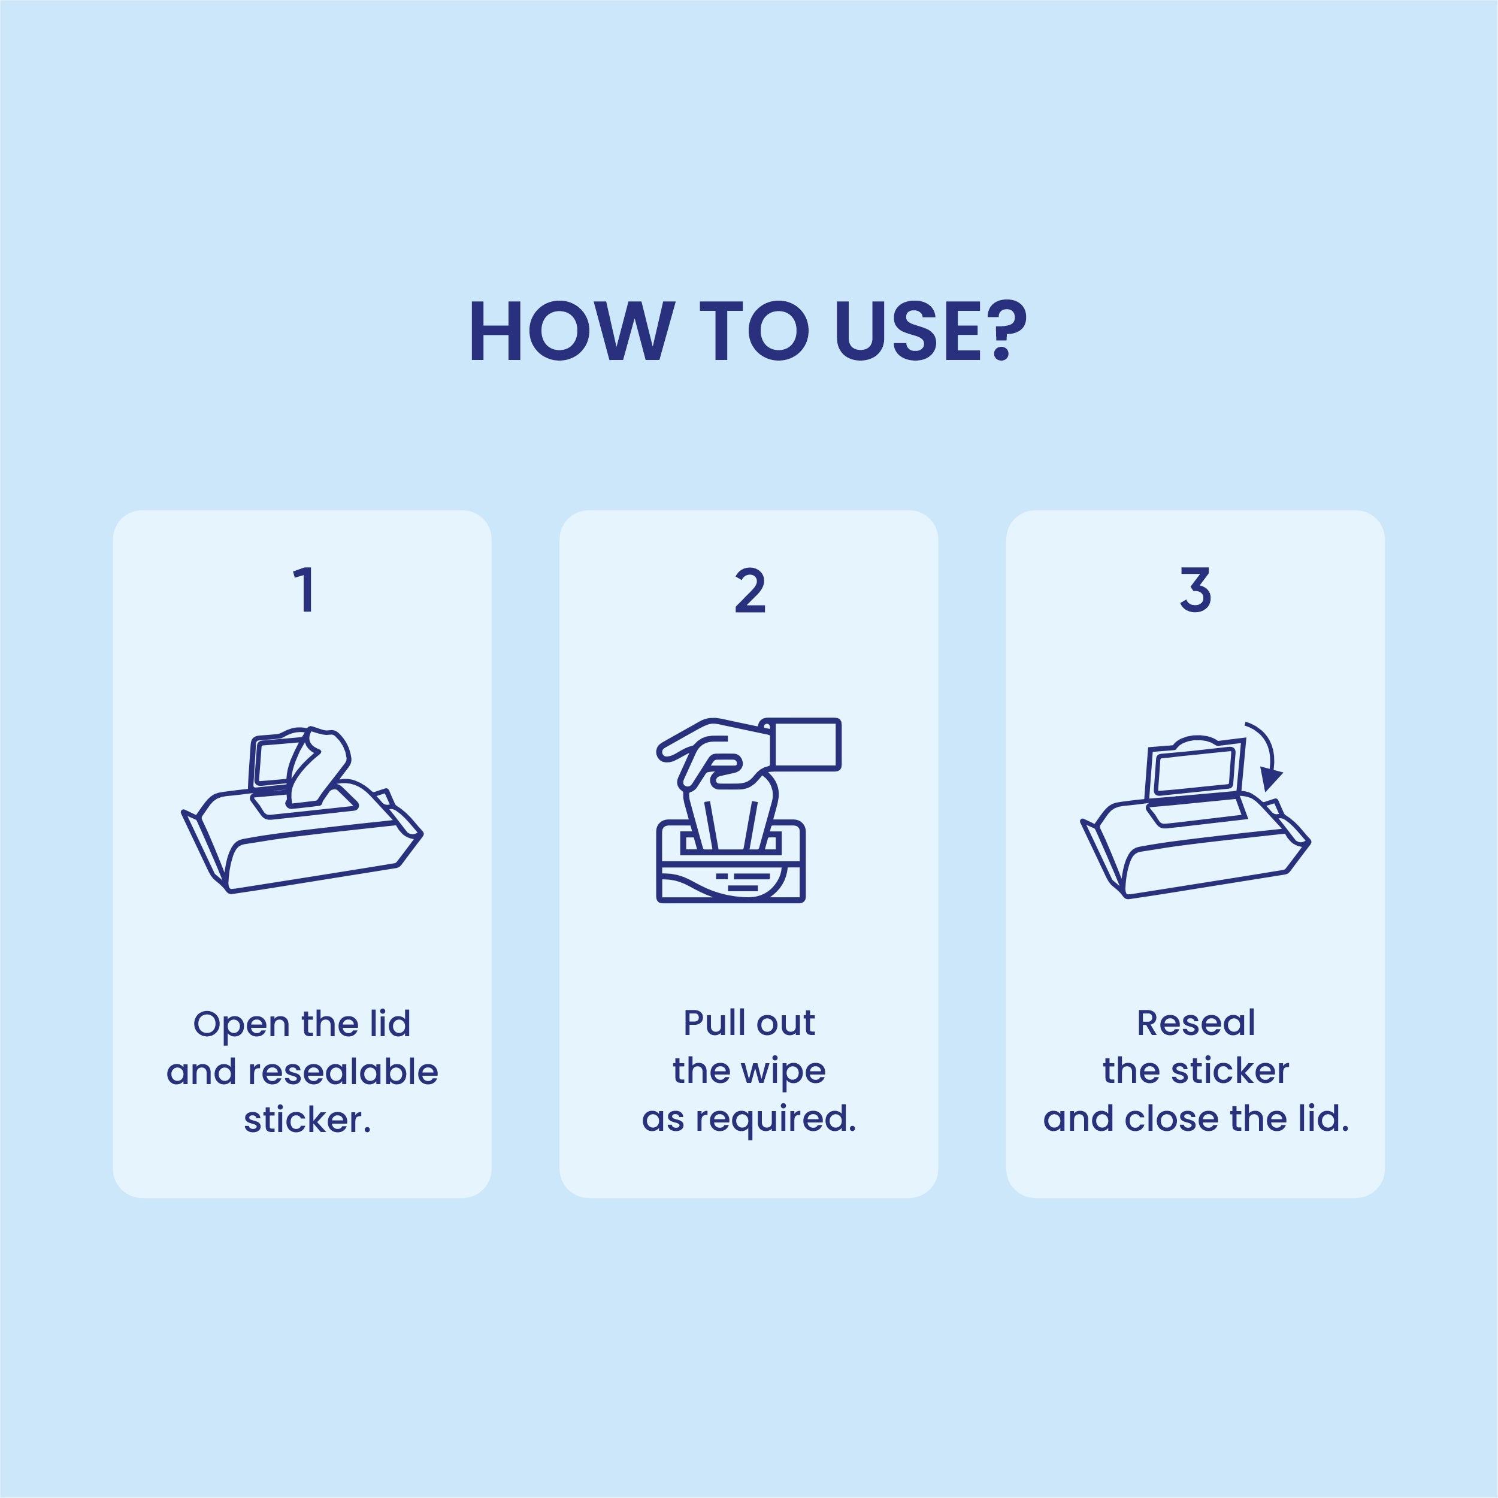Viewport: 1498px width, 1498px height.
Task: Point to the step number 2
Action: point(750,591)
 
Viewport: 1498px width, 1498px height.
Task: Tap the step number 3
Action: point(1195,590)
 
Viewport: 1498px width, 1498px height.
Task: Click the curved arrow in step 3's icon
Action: point(1266,752)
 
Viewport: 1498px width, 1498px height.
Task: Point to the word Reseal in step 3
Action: point(1196,1024)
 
